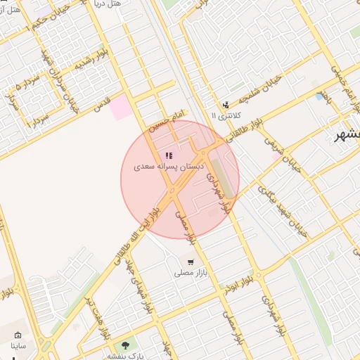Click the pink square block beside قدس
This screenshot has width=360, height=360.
(121, 107)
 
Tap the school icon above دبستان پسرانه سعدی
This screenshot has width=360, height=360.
(168, 155)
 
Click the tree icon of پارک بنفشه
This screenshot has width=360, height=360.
(125, 345)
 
